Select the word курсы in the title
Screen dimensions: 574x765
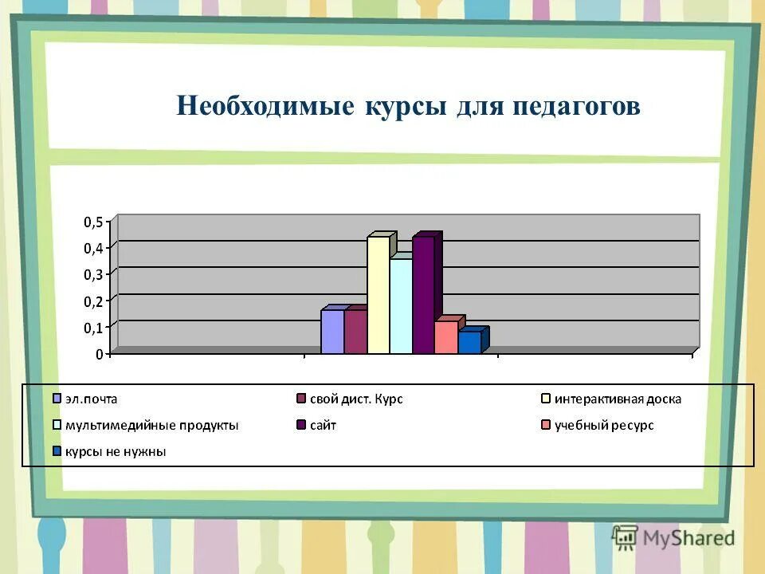pyautogui.click(x=406, y=106)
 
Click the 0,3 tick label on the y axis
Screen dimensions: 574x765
pyautogui.click(x=93, y=275)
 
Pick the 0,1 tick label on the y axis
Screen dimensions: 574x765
pyautogui.click(x=93, y=328)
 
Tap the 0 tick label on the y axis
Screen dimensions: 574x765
pyautogui.click(x=100, y=354)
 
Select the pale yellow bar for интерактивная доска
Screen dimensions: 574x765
pyautogui.click(x=379, y=295)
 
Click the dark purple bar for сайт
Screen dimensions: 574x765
pyautogui.click(x=423, y=295)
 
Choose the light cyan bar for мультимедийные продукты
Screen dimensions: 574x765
pyautogui.click(x=401, y=306)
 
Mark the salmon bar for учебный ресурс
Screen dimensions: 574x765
pyautogui.click(x=445, y=337)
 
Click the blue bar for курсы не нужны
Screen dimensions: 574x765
pyautogui.click(x=469, y=342)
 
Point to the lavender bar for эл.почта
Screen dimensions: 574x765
pyautogui.click(x=332, y=332)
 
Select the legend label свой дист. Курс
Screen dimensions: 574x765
pyautogui.click(x=355, y=399)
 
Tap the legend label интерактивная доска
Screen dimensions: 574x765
pyautogui.click(x=618, y=399)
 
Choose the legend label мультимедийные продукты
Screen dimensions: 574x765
pyautogui.click(x=151, y=425)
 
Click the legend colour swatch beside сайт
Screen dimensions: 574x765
pyautogui.click(x=301, y=426)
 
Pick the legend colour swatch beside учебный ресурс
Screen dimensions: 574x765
pyautogui.click(x=545, y=426)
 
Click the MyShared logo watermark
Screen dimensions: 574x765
pyautogui.click(x=674, y=537)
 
